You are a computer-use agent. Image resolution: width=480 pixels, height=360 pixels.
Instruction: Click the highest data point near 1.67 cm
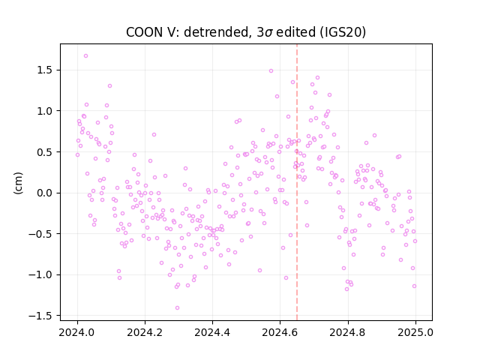(85, 56)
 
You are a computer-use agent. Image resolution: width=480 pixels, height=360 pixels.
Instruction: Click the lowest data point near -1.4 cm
(177, 308)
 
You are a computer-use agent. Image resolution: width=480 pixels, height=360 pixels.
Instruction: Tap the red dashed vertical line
(297, 182)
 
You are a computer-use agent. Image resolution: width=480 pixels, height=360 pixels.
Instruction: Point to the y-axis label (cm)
(18, 183)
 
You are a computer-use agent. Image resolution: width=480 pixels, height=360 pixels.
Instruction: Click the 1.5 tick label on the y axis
(45, 70)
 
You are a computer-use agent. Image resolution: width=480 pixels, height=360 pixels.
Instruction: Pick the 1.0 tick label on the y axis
(45, 111)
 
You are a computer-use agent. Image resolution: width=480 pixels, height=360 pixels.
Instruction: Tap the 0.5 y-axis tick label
(45, 152)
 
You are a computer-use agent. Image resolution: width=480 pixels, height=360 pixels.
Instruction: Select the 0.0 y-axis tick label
(45, 193)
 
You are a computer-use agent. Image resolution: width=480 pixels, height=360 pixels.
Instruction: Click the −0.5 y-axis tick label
(41, 234)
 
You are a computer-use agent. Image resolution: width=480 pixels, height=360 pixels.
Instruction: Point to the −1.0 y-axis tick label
(41, 275)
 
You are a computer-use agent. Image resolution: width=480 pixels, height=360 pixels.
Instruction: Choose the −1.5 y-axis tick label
(41, 316)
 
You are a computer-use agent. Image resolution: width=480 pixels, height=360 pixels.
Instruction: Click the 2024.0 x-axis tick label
(77, 332)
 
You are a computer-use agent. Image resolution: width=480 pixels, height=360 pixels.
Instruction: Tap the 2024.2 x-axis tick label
(145, 332)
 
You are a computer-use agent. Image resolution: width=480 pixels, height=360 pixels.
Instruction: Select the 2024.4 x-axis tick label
(212, 332)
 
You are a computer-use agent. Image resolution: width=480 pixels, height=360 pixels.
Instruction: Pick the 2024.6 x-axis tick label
(280, 332)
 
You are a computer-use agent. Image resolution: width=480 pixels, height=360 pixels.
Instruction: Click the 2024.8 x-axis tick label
(347, 332)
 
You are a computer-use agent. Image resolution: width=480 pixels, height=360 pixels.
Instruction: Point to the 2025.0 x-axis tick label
(415, 332)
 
